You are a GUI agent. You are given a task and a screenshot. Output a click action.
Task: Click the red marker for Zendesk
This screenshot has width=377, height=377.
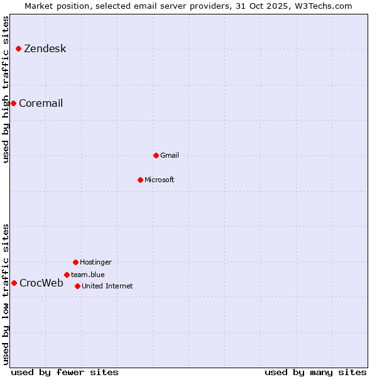(x=18, y=48)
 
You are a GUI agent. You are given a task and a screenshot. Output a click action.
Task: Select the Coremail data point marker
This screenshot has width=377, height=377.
(x=13, y=103)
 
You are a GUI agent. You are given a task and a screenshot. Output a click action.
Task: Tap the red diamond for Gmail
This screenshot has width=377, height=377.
(x=156, y=155)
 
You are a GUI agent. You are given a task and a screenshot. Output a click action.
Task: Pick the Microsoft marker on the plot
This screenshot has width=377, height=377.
(x=140, y=180)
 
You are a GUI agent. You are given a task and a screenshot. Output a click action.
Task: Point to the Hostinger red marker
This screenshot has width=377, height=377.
(x=75, y=262)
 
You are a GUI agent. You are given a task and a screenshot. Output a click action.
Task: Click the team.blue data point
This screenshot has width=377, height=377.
(x=67, y=275)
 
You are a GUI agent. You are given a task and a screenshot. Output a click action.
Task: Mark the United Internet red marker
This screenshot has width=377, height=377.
(x=77, y=286)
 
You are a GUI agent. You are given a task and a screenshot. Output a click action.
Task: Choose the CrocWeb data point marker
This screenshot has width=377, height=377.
(x=14, y=283)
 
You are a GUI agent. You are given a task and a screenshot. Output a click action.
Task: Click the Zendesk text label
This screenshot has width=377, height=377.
(x=45, y=49)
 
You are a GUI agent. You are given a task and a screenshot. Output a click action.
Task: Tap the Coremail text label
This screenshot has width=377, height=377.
(x=41, y=104)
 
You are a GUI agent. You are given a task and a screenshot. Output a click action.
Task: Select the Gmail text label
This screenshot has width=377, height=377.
(x=170, y=155)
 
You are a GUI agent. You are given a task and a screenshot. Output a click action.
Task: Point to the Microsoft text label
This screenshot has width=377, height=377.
(x=160, y=180)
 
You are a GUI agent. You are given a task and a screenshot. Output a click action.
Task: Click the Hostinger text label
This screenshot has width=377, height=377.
(x=96, y=262)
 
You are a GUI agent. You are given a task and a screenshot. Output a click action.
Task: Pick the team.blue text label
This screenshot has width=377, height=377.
(x=88, y=275)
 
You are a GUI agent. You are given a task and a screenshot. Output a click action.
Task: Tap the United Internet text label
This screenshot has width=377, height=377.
(x=107, y=286)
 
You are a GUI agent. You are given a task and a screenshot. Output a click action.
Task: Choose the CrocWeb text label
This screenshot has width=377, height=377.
(x=41, y=283)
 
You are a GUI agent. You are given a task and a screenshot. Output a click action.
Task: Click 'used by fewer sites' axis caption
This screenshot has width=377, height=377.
(x=65, y=372)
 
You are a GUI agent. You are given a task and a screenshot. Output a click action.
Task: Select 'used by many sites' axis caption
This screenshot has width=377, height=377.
(x=315, y=372)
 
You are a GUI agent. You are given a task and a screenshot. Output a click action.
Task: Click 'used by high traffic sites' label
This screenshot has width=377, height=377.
(x=6, y=89)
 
